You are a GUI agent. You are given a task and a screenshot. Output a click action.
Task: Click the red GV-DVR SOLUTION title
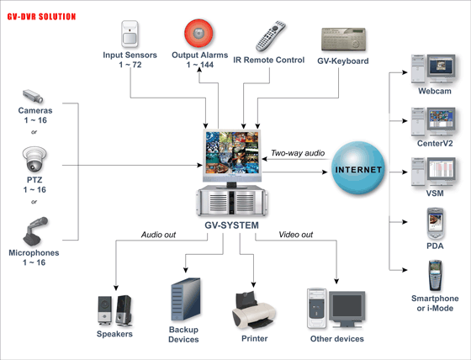[41, 17]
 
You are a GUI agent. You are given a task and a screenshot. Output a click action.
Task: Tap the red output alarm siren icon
[198, 34]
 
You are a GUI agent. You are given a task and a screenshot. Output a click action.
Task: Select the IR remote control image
[271, 36]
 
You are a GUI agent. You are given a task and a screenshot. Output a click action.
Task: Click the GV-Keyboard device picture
[344, 39]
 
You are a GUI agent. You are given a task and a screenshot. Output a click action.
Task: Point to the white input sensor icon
[130, 34]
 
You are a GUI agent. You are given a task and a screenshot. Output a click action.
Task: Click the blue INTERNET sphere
[358, 168]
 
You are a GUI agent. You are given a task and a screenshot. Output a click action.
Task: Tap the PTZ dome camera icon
[34, 159]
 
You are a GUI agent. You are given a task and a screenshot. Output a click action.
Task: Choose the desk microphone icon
[35, 230]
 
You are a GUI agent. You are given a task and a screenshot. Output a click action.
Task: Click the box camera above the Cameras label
[33, 96]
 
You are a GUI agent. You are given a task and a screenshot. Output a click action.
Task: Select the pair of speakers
[114, 310]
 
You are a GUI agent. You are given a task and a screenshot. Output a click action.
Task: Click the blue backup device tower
[186, 299]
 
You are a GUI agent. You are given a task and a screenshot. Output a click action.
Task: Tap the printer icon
[254, 310]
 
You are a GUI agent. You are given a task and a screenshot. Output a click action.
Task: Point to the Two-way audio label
[298, 153]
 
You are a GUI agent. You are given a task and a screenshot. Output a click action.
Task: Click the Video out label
[295, 235]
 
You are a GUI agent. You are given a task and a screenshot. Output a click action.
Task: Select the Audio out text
[158, 235]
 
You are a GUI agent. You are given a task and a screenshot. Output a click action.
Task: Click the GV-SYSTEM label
[231, 225]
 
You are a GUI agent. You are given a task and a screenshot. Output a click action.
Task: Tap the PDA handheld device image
[435, 224]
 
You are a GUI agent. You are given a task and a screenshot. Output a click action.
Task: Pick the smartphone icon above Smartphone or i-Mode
[435, 276]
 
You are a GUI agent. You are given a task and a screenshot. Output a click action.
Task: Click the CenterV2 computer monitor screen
[442, 119]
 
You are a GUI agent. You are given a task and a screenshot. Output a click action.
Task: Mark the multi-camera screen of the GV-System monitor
[231, 152]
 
